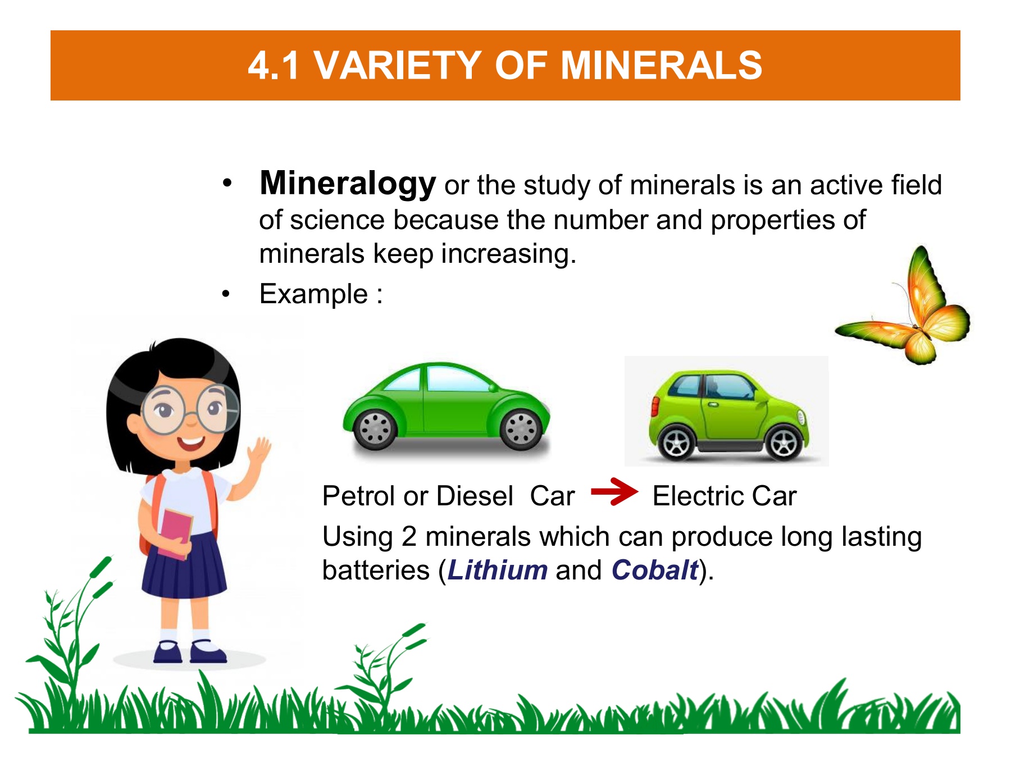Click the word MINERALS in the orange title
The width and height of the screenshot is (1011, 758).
[661, 65]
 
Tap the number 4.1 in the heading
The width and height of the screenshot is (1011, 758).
[274, 65]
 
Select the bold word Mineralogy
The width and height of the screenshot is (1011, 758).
[348, 184]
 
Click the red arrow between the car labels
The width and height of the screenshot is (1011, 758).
[614, 492]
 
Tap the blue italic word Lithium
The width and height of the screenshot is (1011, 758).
[498, 570]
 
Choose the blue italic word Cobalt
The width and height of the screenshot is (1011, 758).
[655, 570]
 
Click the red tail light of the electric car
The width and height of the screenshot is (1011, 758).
[654, 406]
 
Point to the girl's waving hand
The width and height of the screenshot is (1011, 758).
[259, 451]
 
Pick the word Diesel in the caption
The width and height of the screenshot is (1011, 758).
[475, 496]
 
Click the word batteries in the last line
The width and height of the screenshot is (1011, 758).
[376, 570]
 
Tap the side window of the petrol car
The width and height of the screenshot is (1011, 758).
[458, 380]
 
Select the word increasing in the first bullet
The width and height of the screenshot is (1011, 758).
[508, 254]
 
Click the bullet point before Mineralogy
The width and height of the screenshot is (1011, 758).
[226, 183]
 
